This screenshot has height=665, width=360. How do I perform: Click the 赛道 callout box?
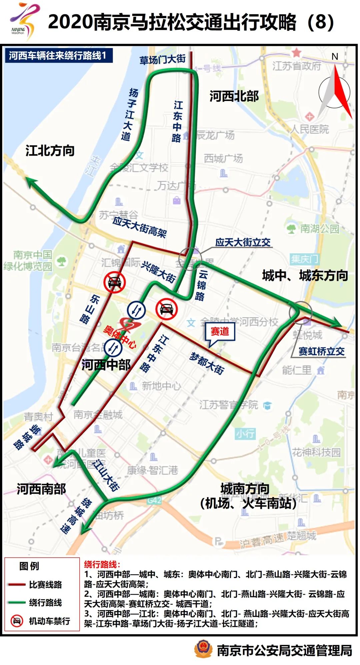(x=220, y=332)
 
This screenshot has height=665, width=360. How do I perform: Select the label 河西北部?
(x=234, y=97)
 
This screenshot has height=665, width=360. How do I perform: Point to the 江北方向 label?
(x=50, y=151)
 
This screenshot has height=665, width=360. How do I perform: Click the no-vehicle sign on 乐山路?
(x=114, y=282)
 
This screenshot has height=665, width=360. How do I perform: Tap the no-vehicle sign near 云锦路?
(x=166, y=309)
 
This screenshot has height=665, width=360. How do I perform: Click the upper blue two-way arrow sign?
(x=136, y=310)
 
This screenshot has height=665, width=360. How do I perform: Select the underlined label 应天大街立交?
(x=243, y=242)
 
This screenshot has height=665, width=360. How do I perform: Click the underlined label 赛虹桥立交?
(x=321, y=351)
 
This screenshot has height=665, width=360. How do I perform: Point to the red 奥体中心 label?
(x=119, y=336)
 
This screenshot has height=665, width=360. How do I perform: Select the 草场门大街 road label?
(x=162, y=60)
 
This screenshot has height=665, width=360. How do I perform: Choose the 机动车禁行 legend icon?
(x=17, y=621)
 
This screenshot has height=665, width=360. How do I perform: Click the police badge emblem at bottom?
(x=203, y=648)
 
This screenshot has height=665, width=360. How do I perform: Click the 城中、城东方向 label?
(x=305, y=276)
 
